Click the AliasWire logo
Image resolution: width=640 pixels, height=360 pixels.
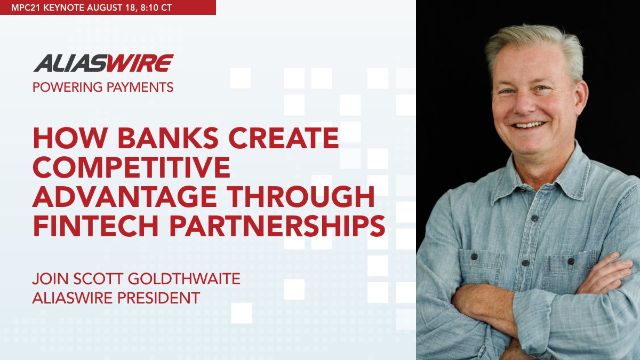103,63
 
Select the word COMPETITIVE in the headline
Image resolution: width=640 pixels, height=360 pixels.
131,168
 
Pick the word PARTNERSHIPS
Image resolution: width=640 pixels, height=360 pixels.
281,226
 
